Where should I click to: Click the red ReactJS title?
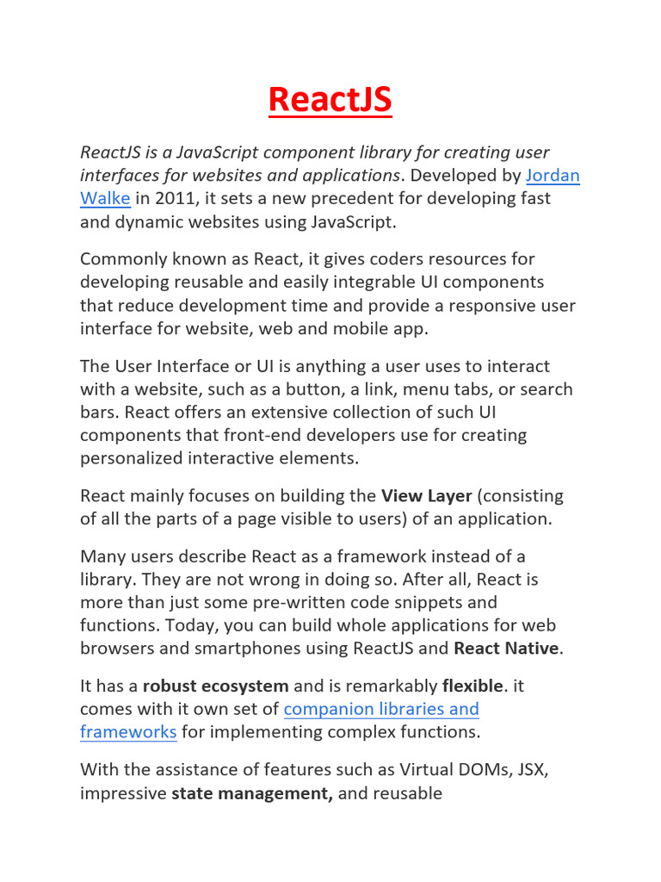(x=330, y=100)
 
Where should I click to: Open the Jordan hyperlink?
(x=553, y=176)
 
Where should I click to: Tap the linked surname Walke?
(x=105, y=198)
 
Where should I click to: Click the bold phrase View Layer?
(x=427, y=496)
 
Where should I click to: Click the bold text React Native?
(x=506, y=648)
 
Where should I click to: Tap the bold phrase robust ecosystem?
(x=215, y=686)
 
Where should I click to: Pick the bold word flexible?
(x=472, y=686)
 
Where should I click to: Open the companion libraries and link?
(x=381, y=709)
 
